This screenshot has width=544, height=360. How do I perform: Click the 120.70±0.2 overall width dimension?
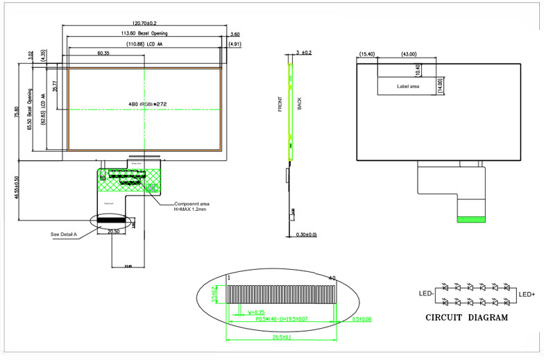144,23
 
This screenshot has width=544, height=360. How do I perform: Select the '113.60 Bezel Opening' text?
144,33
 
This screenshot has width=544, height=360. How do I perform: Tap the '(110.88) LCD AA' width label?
144,44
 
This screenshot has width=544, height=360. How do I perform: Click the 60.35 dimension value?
105,53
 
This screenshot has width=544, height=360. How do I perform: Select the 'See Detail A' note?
65,234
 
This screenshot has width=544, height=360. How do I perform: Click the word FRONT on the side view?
280,104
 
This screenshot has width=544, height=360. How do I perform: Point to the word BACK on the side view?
300,104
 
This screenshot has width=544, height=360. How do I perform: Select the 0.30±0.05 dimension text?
306,234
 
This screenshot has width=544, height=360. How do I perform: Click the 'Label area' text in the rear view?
408,87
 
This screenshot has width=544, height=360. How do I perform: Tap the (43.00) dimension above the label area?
409,54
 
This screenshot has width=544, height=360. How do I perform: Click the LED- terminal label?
427,295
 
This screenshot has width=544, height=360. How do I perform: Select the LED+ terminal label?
527,295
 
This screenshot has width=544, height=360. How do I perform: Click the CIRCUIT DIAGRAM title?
466,318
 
